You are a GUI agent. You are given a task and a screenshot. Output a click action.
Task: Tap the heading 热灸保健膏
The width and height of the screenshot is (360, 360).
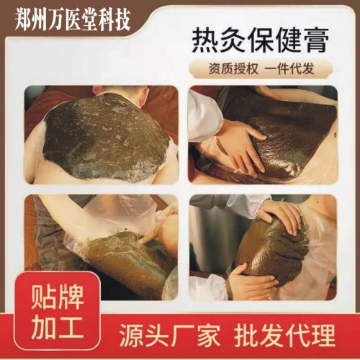pyautogui.click(x=255, y=41)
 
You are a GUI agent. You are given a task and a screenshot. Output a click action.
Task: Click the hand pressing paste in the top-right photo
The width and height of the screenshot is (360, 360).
pyautogui.click(x=234, y=144)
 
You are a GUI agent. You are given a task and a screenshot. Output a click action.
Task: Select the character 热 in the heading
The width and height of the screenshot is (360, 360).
pyautogui.click(x=192, y=41)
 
